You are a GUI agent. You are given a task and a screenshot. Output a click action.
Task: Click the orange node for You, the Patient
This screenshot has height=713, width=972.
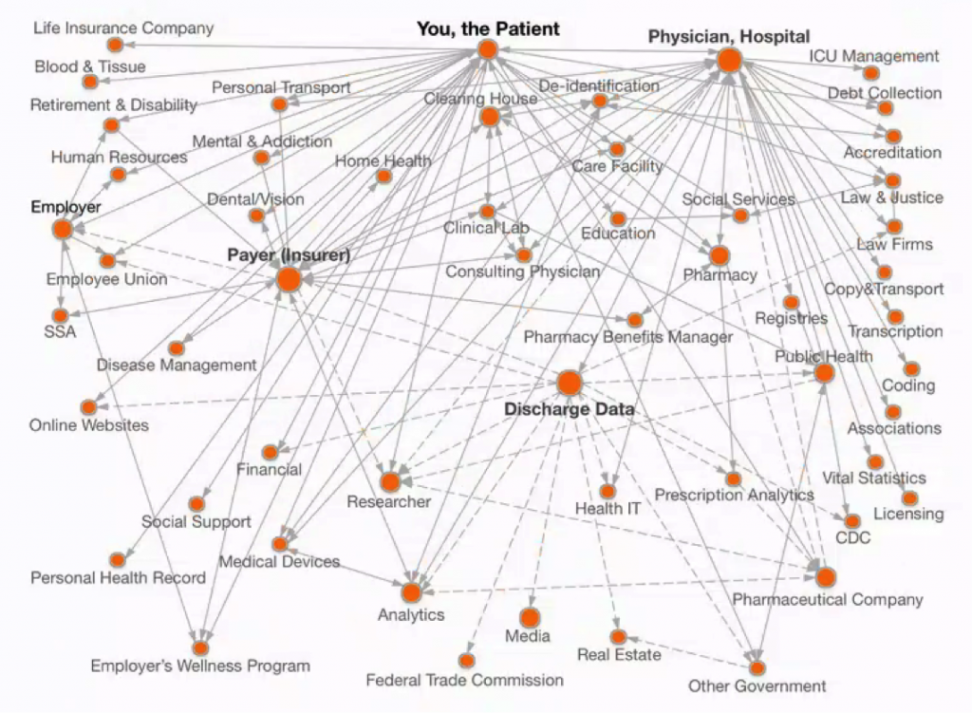coord(489,49)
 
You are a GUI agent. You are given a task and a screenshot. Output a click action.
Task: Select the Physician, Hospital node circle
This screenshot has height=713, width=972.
coord(730,61)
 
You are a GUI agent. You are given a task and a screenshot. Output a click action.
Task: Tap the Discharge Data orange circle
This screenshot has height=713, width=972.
coord(570,384)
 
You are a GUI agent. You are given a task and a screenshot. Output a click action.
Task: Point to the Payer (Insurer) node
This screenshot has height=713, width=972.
coord(289,280)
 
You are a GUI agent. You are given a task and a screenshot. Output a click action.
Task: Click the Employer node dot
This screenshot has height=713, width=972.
coord(63,230)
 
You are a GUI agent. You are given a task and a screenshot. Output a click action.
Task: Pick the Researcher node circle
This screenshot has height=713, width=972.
coord(390,481)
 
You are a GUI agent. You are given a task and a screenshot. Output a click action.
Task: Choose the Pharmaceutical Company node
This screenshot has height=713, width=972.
coord(826,577)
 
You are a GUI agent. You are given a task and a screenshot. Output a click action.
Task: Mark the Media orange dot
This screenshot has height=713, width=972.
coord(530,617)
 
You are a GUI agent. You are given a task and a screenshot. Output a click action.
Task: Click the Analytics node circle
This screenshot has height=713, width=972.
coord(411,592)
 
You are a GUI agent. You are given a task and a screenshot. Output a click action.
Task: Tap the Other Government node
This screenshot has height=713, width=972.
coord(757,667)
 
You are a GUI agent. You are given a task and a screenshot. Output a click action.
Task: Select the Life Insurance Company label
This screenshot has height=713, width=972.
coord(123,28)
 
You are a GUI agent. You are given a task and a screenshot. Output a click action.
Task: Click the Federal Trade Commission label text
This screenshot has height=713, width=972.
coord(464,680)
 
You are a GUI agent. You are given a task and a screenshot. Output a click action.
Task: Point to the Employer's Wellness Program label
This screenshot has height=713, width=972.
coord(200,666)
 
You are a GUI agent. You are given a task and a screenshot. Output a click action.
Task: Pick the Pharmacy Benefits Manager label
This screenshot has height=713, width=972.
coord(628,337)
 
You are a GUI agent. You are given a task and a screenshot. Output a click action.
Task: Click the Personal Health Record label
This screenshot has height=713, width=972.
coord(118,578)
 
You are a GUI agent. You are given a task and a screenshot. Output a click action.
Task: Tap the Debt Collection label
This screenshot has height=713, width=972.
coord(885,93)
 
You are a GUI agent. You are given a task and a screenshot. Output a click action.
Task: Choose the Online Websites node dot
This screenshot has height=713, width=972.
coord(88,407)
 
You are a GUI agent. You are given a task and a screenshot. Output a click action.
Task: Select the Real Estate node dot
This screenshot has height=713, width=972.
coord(618,637)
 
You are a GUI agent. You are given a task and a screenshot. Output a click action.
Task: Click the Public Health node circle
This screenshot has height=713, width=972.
coord(824,373)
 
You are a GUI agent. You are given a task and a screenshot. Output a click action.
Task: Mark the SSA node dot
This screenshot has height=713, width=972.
coord(60,316)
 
